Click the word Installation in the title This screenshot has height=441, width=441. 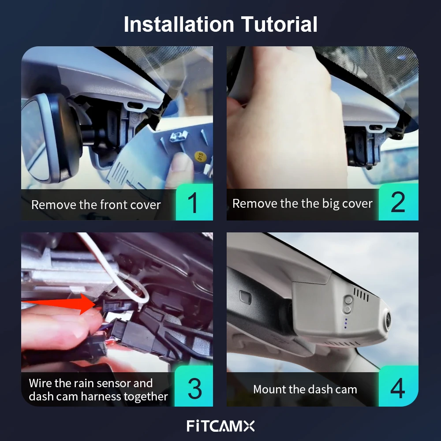click(x=179, y=24)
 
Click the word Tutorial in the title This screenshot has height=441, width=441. click(x=279, y=24)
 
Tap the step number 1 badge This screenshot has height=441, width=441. click(x=194, y=202)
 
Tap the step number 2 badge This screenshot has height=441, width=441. click(x=399, y=202)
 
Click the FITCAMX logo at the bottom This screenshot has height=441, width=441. click(x=220, y=426)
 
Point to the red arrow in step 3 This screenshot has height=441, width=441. click(x=59, y=303)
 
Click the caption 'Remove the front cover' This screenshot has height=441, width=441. click(x=96, y=205)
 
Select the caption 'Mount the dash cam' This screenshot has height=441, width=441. click(x=305, y=389)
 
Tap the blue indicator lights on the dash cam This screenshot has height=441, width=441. click(x=346, y=324)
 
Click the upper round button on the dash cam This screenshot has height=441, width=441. click(x=348, y=300)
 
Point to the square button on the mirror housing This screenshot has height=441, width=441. click(x=245, y=297)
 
